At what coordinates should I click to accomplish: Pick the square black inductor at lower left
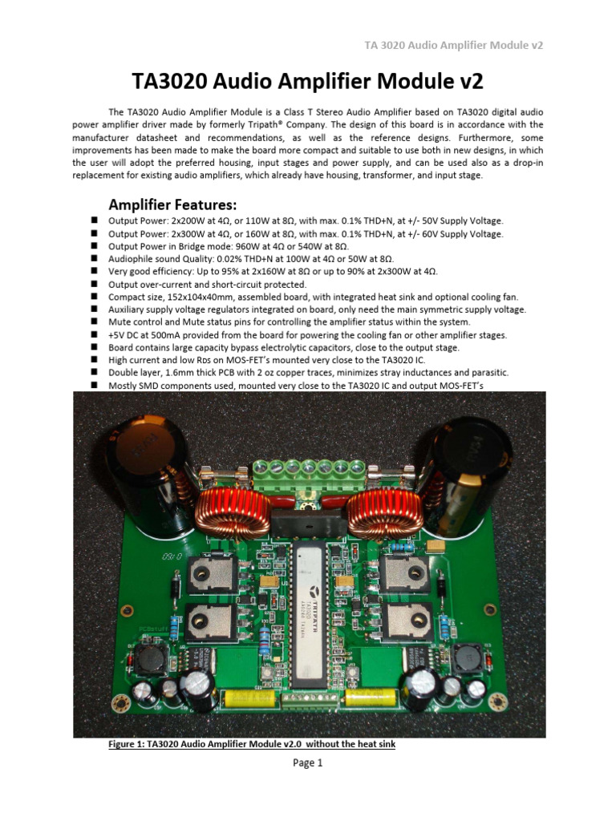click(x=150, y=661)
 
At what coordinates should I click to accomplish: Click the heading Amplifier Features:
click(x=172, y=203)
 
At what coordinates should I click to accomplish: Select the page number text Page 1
click(x=307, y=762)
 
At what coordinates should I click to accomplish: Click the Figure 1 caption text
click(x=252, y=744)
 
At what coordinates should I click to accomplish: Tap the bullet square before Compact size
click(x=94, y=297)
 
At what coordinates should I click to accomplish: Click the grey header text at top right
click(x=454, y=45)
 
